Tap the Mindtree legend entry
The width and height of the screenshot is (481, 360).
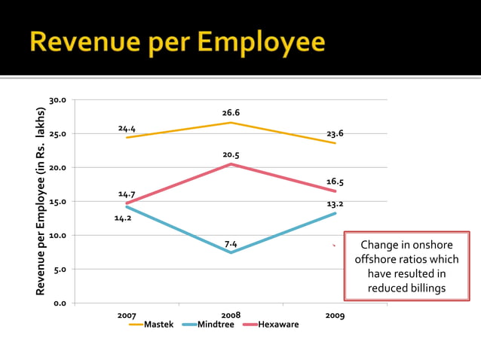click(x=215, y=325)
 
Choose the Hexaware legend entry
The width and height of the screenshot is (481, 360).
click(x=278, y=325)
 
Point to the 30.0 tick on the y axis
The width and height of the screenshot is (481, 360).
click(x=58, y=100)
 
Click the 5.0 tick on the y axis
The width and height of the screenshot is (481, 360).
click(x=60, y=270)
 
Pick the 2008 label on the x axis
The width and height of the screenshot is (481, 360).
click(x=231, y=314)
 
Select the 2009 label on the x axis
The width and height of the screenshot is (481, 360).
click(x=335, y=316)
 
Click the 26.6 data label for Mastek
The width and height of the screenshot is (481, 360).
click(x=231, y=113)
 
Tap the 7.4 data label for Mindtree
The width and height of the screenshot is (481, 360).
click(x=231, y=244)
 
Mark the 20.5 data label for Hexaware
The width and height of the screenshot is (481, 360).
click(x=231, y=154)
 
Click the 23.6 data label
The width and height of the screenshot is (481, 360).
click(x=335, y=133)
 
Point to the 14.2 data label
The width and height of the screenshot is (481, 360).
click(x=123, y=218)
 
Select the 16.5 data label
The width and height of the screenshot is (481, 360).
click(x=335, y=182)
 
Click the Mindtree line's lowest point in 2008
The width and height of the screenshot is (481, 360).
click(x=231, y=252)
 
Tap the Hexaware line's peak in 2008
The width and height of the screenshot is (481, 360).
click(x=231, y=164)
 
